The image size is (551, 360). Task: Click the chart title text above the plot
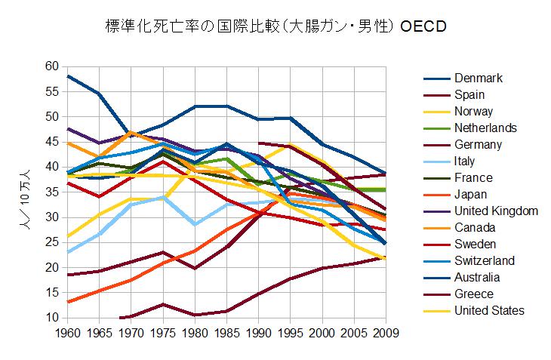[275, 27]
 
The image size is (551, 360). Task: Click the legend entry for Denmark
[479, 78]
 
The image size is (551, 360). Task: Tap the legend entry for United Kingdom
[496, 211]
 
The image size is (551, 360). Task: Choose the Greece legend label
[474, 294]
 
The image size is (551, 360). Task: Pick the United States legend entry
[489, 310]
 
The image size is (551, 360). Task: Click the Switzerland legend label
[485, 260]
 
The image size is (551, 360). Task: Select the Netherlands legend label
[485, 128]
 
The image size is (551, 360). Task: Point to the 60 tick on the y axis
[51, 66]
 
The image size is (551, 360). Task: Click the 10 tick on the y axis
[51, 318]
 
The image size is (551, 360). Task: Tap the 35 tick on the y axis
[51, 192]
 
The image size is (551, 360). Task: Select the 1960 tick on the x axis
[67, 332]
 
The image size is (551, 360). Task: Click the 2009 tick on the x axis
[385, 332]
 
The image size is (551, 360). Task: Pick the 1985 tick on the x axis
[226, 332]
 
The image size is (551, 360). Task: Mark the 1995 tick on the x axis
[290, 332]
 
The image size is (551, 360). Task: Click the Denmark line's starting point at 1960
[67, 76]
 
